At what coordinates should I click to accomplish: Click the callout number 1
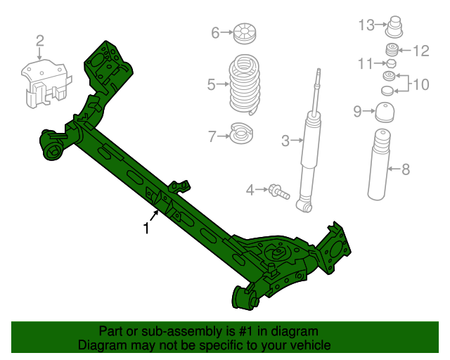pyautogui.click(x=146, y=228)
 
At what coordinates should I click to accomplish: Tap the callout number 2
pyautogui.click(x=39, y=40)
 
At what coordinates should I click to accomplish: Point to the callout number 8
pyautogui.click(x=405, y=169)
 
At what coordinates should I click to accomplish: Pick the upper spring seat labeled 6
pyautogui.click(x=245, y=32)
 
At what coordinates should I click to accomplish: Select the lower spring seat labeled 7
pyautogui.click(x=243, y=132)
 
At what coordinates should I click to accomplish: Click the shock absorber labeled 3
pyautogui.click(x=309, y=151)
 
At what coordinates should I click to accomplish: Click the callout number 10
pyautogui.click(x=420, y=85)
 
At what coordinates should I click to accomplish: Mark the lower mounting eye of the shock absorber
pyautogui.click(x=304, y=206)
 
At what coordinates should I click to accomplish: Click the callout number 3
pyautogui.click(x=285, y=141)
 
